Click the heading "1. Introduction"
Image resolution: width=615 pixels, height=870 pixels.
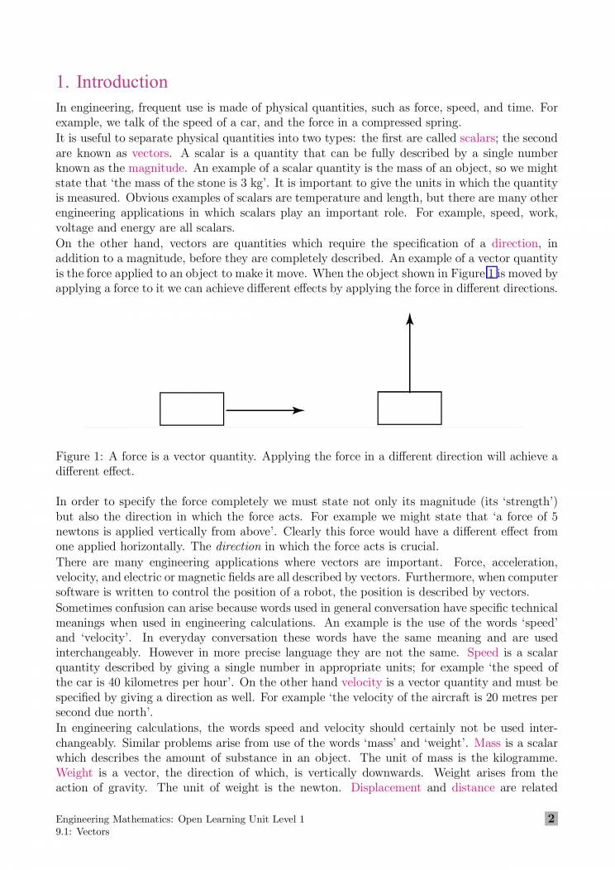(x=112, y=82)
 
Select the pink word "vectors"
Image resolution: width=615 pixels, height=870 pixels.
(x=150, y=153)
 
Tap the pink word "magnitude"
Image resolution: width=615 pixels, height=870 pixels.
(x=156, y=168)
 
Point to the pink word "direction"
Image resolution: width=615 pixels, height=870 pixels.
(x=515, y=243)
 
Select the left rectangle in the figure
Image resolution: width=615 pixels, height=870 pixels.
(x=192, y=409)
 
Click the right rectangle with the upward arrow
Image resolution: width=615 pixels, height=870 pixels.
(x=409, y=408)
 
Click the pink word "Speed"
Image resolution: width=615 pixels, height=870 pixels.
(x=483, y=652)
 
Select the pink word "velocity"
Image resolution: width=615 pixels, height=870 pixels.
(x=361, y=682)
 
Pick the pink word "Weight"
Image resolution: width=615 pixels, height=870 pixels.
(x=74, y=772)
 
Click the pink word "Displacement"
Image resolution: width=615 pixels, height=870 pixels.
(x=385, y=787)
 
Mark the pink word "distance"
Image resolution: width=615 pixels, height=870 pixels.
(x=473, y=787)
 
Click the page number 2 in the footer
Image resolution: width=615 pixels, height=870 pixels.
(x=551, y=819)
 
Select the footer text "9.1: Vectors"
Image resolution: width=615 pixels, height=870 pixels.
(x=82, y=832)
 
